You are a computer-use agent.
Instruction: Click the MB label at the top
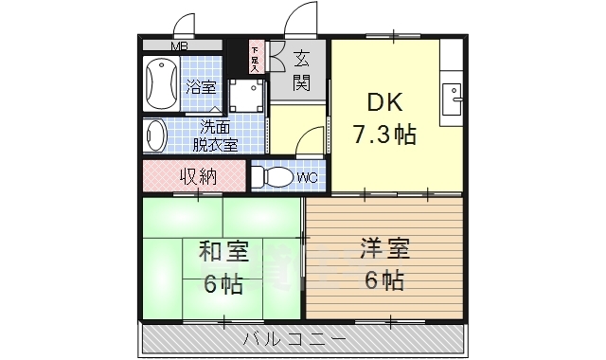click(178, 45)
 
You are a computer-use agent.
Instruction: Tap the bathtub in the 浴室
click(161, 84)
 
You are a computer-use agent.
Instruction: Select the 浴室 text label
click(200, 87)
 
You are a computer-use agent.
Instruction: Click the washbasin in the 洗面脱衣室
click(155, 135)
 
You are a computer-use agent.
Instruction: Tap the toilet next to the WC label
click(272, 177)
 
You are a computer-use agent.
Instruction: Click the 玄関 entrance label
click(302, 70)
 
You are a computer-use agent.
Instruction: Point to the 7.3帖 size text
click(384, 134)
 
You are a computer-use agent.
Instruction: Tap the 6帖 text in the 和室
click(223, 283)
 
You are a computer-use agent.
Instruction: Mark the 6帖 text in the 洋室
click(383, 280)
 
